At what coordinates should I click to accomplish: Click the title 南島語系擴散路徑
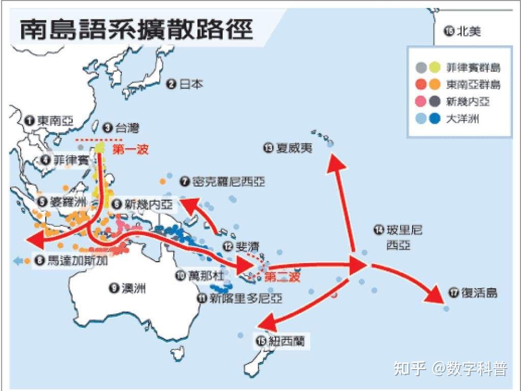[x=136, y=29]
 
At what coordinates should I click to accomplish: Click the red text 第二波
[x=283, y=277]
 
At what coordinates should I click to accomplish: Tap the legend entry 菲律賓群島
[x=473, y=68]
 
